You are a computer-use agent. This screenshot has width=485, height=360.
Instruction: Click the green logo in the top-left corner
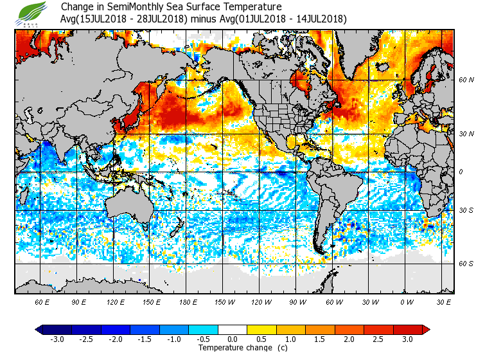33,13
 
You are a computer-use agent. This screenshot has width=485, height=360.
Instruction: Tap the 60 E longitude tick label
42,301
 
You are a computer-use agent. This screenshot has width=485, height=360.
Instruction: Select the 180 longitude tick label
188,301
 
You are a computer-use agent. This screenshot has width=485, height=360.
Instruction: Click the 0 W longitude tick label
407,301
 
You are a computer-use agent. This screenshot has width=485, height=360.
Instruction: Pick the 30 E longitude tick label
443,301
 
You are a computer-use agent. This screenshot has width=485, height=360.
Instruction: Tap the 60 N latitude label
466,80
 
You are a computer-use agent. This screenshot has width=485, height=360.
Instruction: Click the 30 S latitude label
466,211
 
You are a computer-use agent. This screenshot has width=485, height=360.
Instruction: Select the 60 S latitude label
466,263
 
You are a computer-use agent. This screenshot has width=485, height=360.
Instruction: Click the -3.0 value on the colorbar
57,339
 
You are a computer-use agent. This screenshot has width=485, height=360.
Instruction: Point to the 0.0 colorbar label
233,339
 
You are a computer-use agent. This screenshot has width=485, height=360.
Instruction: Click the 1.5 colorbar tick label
321,339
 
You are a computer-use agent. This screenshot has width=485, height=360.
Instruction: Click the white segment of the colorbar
233,330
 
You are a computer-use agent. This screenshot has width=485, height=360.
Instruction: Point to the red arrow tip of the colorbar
427,330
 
